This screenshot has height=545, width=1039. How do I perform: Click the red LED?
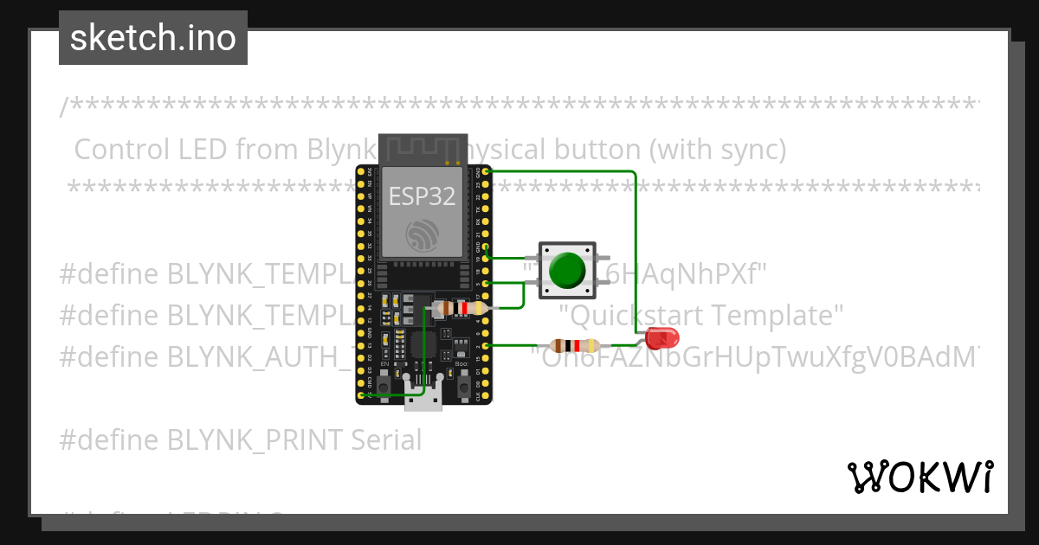click(x=662, y=338)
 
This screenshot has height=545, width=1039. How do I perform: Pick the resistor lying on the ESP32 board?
click(x=464, y=308)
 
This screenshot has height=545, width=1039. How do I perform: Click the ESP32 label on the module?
click(x=422, y=196)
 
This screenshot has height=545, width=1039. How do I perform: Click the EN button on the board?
click(x=384, y=378)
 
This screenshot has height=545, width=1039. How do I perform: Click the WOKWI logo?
click(x=920, y=477)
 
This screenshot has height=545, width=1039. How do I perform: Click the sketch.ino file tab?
click(x=153, y=38)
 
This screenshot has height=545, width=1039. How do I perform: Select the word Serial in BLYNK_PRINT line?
click(x=386, y=440)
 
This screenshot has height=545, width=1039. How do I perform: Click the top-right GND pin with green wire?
click(x=486, y=171)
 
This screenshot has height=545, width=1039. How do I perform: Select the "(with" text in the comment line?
click(x=683, y=150)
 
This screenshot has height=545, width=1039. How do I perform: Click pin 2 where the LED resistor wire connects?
click(x=486, y=346)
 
